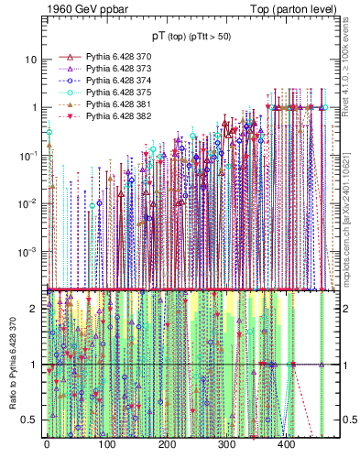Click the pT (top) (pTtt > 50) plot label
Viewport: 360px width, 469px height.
tap(192, 35)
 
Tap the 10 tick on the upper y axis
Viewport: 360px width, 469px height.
tap(30, 60)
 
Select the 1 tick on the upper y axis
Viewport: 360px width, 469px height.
tap(33, 107)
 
